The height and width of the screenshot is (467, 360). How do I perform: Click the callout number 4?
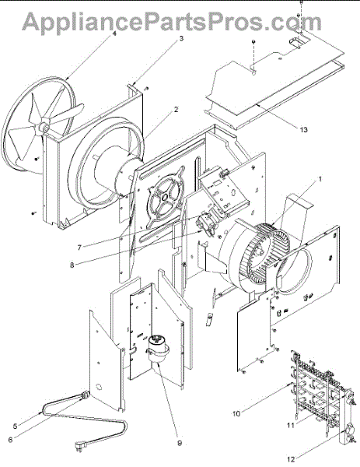click(x=114, y=33)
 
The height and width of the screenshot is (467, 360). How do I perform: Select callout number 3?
click(x=181, y=38)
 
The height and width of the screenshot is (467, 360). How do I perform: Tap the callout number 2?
click(x=177, y=109)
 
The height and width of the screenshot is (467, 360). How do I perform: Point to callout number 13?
click(x=304, y=129)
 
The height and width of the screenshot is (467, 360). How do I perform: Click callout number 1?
click(x=320, y=179)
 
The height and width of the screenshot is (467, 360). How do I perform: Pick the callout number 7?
click(x=79, y=248)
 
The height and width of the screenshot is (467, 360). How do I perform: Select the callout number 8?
click(x=72, y=265)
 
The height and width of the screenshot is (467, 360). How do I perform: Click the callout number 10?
click(x=236, y=414)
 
